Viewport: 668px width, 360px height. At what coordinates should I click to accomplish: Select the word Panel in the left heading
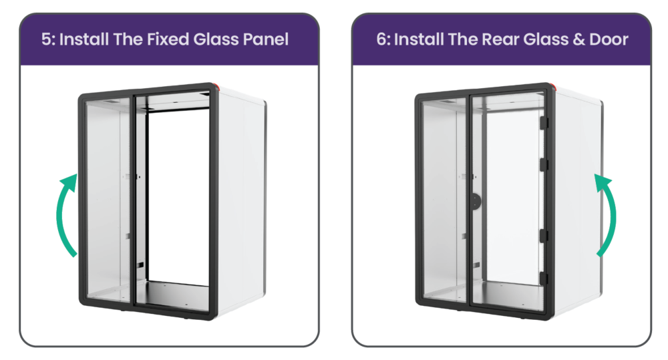[265, 39]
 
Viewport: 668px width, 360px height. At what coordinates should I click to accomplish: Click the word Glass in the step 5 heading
[216, 39]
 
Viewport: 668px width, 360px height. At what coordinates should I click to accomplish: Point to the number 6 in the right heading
[381, 39]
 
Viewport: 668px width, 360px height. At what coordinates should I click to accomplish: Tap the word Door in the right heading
[609, 39]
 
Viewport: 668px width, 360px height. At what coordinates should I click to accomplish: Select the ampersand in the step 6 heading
[579, 39]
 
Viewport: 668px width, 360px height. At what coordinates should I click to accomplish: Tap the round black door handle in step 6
[476, 201]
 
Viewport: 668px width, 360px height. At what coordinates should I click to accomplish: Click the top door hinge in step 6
[544, 123]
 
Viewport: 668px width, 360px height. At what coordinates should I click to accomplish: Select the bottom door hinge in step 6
[543, 279]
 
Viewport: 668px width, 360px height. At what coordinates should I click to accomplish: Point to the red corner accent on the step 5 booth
[218, 87]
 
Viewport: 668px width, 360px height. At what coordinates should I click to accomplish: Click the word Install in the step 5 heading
[83, 39]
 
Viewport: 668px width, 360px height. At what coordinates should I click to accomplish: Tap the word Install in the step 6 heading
[418, 39]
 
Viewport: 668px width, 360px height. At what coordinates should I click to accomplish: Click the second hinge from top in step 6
[544, 164]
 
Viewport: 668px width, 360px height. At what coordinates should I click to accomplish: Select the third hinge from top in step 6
[543, 236]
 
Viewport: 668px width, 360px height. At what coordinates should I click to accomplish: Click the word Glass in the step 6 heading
[546, 39]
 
